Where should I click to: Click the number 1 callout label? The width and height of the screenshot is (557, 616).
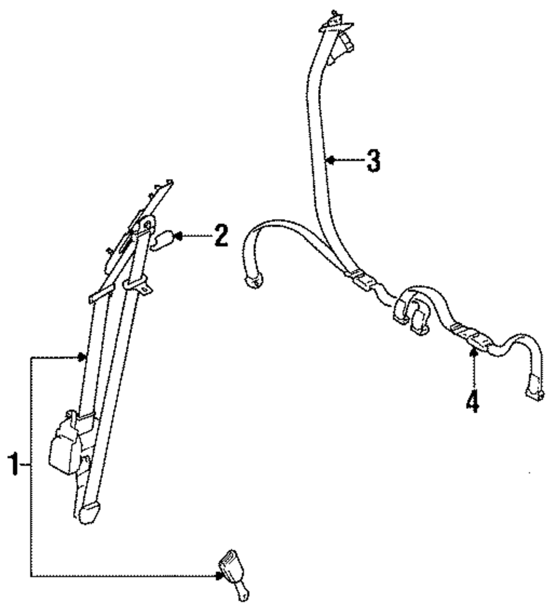[14, 465]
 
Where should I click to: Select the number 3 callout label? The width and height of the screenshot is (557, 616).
[373, 161]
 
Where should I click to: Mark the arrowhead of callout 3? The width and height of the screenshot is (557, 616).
[330, 161]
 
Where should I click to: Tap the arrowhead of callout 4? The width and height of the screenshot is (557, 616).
[473, 351]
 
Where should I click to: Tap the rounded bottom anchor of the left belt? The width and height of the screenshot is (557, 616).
[90, 512]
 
